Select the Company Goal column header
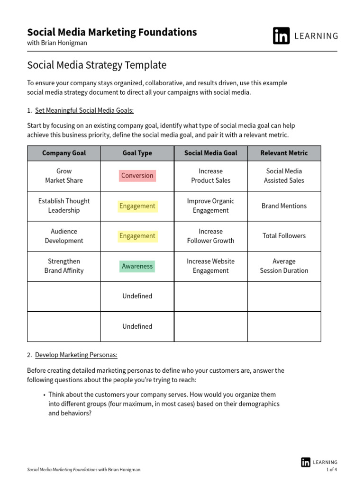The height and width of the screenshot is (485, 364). click(64, 153)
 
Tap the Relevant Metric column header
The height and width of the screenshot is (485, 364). click(284, 153)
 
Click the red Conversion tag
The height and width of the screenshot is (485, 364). click(137, 176)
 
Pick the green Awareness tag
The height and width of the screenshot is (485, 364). click(137, 266)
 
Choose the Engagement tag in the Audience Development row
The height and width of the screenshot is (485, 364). click(137, 236)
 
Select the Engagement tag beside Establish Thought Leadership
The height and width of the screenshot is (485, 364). click(137, 206)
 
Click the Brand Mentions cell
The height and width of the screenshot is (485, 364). click(284, 206)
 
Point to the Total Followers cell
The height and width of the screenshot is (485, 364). click(284, 236)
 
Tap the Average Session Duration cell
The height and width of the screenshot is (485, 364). click(284, 266)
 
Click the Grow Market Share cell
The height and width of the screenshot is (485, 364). click(64, 176)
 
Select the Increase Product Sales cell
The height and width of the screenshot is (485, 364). click(210, 176)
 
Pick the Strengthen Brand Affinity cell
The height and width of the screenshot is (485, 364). click(64, 266)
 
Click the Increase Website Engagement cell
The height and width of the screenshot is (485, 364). click(210, 266)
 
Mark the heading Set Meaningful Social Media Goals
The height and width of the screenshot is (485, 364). click(84, 110)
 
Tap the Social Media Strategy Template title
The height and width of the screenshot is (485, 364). click(97, 65)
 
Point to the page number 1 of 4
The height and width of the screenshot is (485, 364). click(331, 470)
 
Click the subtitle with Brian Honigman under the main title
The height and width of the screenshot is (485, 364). click(57, 43)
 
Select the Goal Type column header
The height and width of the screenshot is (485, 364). click(137, 153)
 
